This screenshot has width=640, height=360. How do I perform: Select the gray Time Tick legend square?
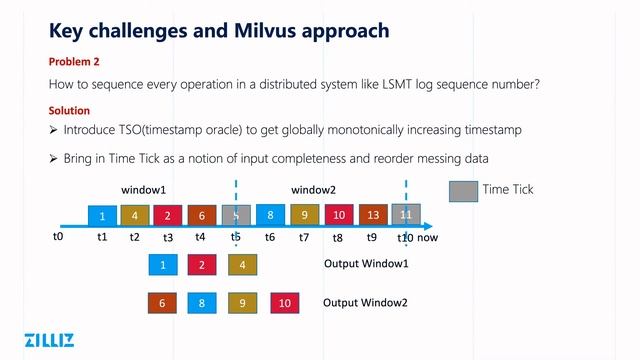(463, 190)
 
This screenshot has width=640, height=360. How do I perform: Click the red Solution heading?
(70, 110)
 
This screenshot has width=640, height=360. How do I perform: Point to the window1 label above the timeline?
(143, 189)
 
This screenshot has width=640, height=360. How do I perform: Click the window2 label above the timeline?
(313, 189)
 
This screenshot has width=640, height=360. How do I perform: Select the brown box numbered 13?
(373, 214)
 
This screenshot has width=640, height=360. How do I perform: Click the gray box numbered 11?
(406, 214)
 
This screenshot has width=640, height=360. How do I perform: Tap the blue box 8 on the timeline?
(270, 214)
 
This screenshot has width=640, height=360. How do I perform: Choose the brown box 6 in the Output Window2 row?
(162, 302)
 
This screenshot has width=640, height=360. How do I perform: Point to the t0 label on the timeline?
(58, 238)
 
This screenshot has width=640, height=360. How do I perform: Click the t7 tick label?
(304, 238)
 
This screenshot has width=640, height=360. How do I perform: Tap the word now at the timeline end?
(428, 238)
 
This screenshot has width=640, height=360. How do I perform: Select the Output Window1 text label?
(365, 264)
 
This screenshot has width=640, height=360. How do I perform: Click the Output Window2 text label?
(365, 302)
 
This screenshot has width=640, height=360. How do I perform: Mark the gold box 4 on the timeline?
(134, 214)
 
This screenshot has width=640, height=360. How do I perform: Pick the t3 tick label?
(168, 238)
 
